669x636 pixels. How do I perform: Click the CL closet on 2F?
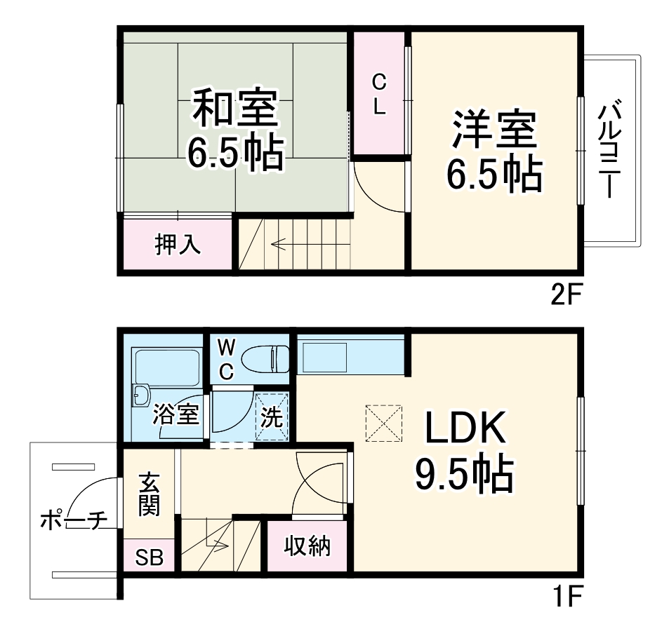tap(379, 95)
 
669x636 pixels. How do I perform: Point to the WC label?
tap(225, 358)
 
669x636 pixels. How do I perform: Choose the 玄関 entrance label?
tap(148, 494)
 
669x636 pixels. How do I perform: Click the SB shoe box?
tap(149, 558)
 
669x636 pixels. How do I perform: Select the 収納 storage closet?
tap(307, 546)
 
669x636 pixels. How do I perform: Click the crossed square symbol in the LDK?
tap(383, 423)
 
